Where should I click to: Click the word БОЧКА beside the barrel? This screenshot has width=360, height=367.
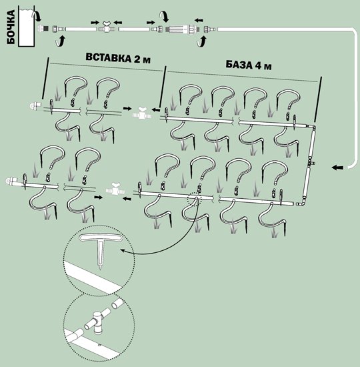[11, 27]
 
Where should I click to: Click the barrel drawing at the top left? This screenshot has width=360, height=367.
[27, 26]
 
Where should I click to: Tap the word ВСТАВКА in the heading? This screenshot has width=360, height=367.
[108, 58]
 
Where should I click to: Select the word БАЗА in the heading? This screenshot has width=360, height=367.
[239, 64]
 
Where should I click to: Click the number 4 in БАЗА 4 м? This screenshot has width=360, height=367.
[258, 66]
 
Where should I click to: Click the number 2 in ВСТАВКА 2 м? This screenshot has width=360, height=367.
[137, 59]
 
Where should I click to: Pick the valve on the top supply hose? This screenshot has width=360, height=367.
[107, 27]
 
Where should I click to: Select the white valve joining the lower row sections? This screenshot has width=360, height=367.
[115, 189]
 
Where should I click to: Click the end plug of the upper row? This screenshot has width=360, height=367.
[35, 105]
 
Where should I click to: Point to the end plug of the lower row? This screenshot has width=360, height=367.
[12, 181]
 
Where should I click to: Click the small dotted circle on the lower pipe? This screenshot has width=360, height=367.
[195, 199]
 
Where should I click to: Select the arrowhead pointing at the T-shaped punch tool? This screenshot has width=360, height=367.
[123, 251]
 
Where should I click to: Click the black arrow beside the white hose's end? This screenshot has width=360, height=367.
[337, 167]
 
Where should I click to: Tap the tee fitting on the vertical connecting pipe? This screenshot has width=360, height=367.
[311, 162]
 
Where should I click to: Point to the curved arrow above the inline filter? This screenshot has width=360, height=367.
[164, 17]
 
